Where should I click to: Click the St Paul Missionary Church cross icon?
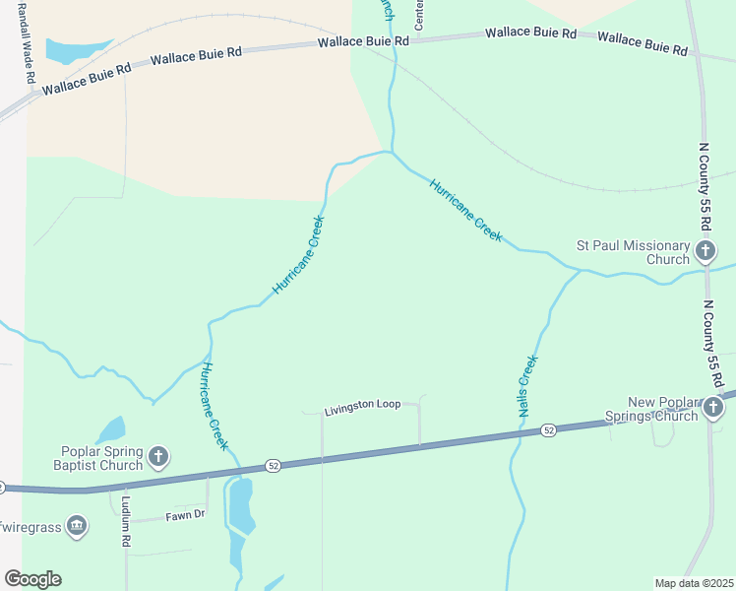tap(705, 251)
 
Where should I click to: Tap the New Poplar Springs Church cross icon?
tap(714, 406)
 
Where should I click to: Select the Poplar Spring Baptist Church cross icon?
tap(159, 457)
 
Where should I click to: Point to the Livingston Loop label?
tap(363, 405)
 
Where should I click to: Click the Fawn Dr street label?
tap(185, 515)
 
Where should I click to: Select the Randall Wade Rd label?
tap(28, 50)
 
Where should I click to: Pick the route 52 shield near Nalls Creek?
tap(548, 430)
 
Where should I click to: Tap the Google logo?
tap(32, 579)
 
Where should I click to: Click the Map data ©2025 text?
tap(694, 583)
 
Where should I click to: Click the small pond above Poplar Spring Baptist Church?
tap(110, 429)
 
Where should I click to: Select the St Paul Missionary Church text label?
tap(633, 252)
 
